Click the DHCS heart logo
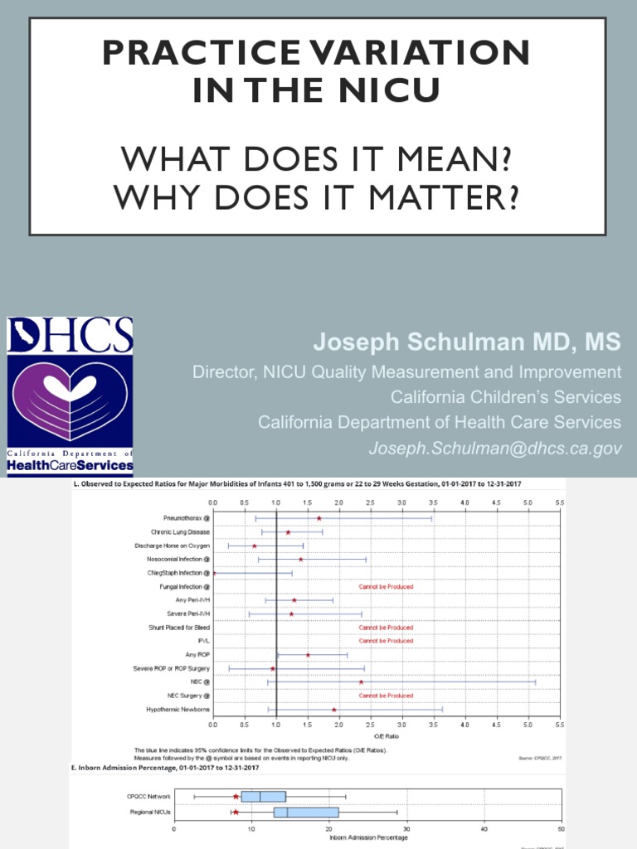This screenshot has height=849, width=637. [x=70, y=393]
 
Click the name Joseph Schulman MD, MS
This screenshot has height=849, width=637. [x=466, y=342]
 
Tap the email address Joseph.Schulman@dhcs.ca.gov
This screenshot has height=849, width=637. [x=495, y=449]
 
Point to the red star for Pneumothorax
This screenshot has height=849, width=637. [x=318, y=518]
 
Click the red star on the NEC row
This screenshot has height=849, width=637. [x=361, y=682]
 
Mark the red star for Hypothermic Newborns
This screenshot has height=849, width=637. [x=333, y=709]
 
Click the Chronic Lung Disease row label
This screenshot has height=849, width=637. [x=180, y=531]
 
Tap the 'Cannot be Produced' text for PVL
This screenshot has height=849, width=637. [x=386, y=641]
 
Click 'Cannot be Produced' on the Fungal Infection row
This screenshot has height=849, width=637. [x=386, y=586]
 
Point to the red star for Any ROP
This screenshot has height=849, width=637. [x=308, y=654]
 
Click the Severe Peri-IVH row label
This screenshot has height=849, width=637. [x=187, y=614]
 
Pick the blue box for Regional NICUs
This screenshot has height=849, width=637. [x=305, y=812]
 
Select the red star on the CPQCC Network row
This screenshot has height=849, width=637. [x=236, y=797]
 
